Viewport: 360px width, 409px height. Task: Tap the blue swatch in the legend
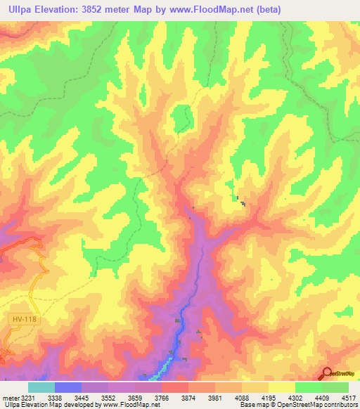point(67,387)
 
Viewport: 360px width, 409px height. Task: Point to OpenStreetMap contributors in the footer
point(314,405)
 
